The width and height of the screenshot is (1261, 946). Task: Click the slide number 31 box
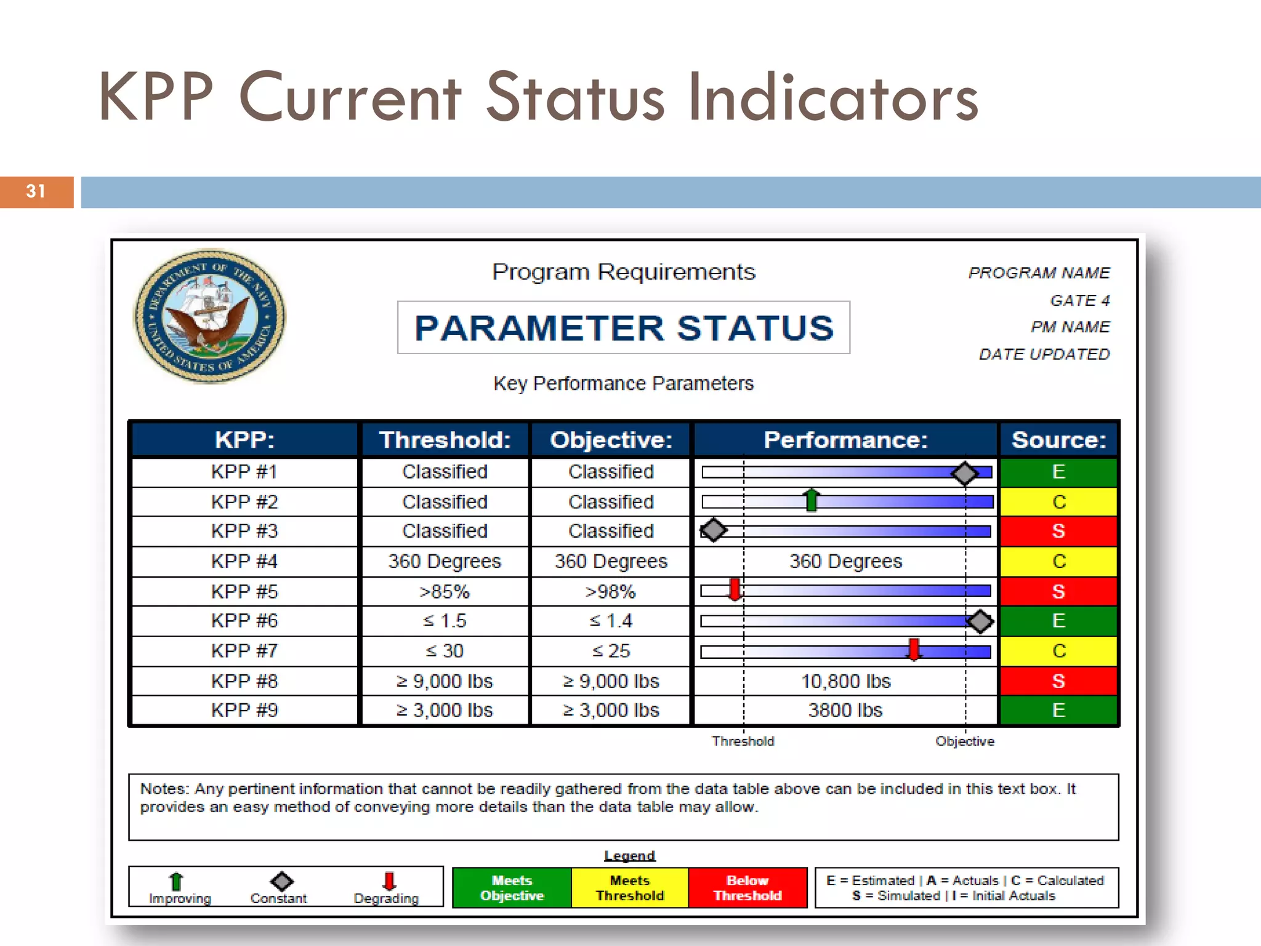click(36, 192)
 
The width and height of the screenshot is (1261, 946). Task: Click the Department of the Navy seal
click(210, 316)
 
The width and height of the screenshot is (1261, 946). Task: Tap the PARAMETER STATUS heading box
click(623, 328)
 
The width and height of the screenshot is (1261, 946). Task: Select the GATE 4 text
click(1079, 301)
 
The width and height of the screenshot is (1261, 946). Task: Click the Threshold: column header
click(445, 440)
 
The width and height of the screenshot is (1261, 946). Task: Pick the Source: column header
click(1058, 440)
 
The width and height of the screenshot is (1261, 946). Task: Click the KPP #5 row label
click(244, 591)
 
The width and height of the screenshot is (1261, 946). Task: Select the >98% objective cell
click(610, 591)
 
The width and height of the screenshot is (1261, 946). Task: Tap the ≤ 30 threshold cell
click(445, 651)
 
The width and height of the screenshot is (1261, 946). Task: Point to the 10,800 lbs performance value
click(845, 681)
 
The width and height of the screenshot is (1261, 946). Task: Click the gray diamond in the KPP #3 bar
click(714, 530)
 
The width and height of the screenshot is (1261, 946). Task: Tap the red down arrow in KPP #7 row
click(914, 649)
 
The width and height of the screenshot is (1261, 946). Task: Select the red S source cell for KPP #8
click(1058, 681)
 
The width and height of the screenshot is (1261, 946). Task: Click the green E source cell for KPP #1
click(1058, 472)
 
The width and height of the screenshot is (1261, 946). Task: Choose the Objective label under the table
click(964, 741)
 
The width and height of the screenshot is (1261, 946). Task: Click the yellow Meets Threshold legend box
click(629, 887)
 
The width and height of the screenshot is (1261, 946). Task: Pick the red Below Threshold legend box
click(747, 887)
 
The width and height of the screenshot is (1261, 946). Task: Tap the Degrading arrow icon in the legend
click(389, 881)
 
